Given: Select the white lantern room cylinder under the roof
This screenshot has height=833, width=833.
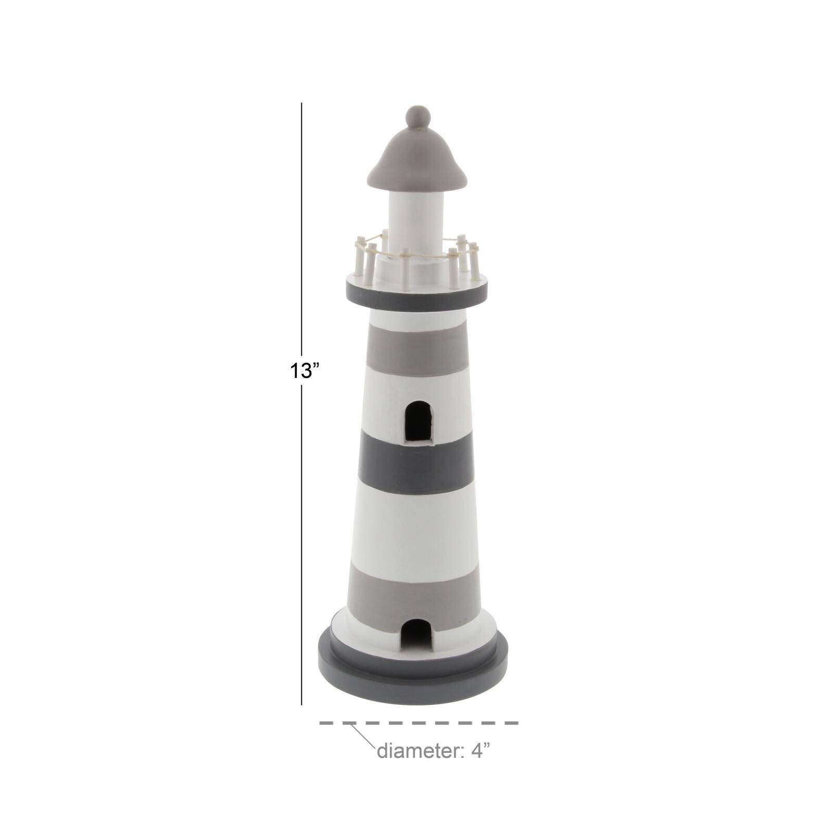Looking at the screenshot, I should tap(417, 213).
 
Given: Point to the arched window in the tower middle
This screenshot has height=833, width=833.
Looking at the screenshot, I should tap(418, 422).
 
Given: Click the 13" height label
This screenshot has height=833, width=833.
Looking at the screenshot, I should tap(305, 371).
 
